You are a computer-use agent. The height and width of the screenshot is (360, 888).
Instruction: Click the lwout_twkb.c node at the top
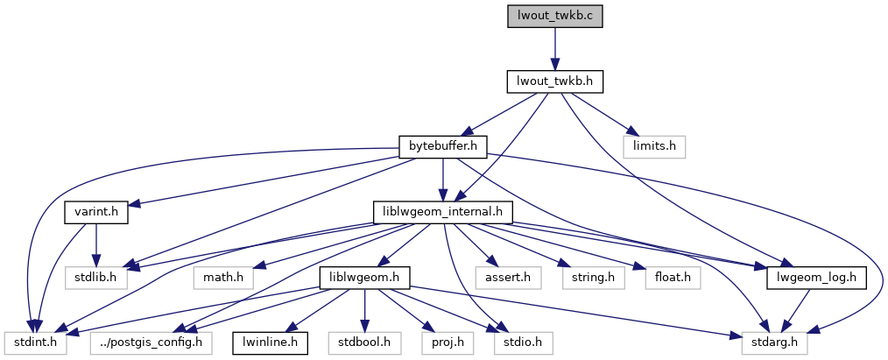pos(555,17)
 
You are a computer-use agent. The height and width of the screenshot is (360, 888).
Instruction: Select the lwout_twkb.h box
pos(555,81)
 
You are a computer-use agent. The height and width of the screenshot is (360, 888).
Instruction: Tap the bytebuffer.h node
pos(442,146)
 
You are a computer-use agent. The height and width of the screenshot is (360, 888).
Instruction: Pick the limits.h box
pos(654,146)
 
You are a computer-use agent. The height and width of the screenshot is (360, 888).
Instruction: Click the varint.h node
pos(95,212)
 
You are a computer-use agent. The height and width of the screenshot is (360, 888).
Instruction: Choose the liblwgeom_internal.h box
pos(442,212)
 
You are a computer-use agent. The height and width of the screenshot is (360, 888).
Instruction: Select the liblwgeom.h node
pos(364,278)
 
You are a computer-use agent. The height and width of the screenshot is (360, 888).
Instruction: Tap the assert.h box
pos(502,278)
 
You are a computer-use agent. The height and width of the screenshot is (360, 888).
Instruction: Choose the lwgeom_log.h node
pos(817,278)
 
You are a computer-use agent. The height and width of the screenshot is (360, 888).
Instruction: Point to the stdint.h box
pos(32,342)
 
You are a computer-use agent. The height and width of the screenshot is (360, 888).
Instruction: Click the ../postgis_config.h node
pos(150,342)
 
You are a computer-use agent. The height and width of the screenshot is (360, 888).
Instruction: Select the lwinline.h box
pos(270,342)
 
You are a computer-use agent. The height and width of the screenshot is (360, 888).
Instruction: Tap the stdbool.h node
pos(364,342)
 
